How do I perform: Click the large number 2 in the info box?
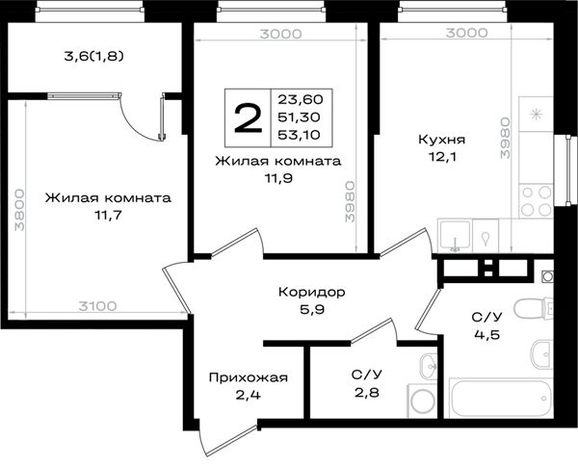pyautogui.click(x=249, y=117)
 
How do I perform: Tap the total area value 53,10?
pyautogui.click(x=299, y=135)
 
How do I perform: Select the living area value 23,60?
pyautogui.click(x=301, y=99)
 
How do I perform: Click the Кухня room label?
pyautogui.click(x=441, y=140)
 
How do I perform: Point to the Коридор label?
pyautogui.click(x=312, y=293)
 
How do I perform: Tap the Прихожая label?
pyautogui.click(x=249, y=378)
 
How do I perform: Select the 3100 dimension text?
pyautogui.click(x=97, y=306)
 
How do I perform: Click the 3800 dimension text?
pyautogui.click(x=19, y=210)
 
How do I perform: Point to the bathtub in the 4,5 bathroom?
pyautogui.click(x=501, y=399)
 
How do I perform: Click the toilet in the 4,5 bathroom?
pyautogui.click(x=534, y=308)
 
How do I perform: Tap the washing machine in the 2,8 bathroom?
pyautogui.click(x=423, y=401)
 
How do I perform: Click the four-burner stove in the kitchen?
pyautogui.click(x=537, y=201)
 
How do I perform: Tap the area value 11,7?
pyautogui.click(x=108, y=215)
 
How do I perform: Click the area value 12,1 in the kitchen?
pyautogui.click(x=442, y=157)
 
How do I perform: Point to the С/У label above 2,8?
pyautogui.click(x=366, y=375)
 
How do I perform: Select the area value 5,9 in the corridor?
pyautogui.click(x=312, y=310)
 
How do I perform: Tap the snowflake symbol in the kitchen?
pyautogui.click(x=536, y=115)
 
